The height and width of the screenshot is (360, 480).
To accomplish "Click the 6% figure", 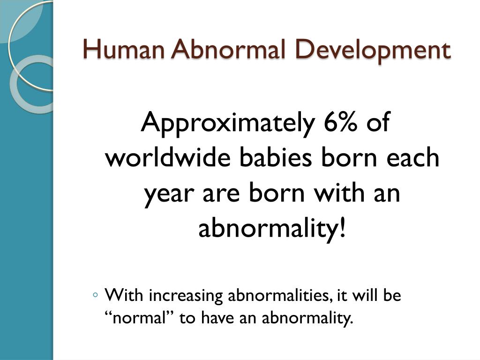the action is [x=340, y=121].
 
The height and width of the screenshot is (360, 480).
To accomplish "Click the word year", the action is [x=169, y=195].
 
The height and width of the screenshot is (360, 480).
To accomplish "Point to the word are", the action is [x=221, y=195].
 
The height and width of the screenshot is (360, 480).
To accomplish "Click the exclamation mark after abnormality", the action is [x=343, y=228].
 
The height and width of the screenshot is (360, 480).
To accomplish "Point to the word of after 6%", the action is [x=378, y=121].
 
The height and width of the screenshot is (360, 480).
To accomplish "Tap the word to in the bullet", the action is [x=187, y=318].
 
